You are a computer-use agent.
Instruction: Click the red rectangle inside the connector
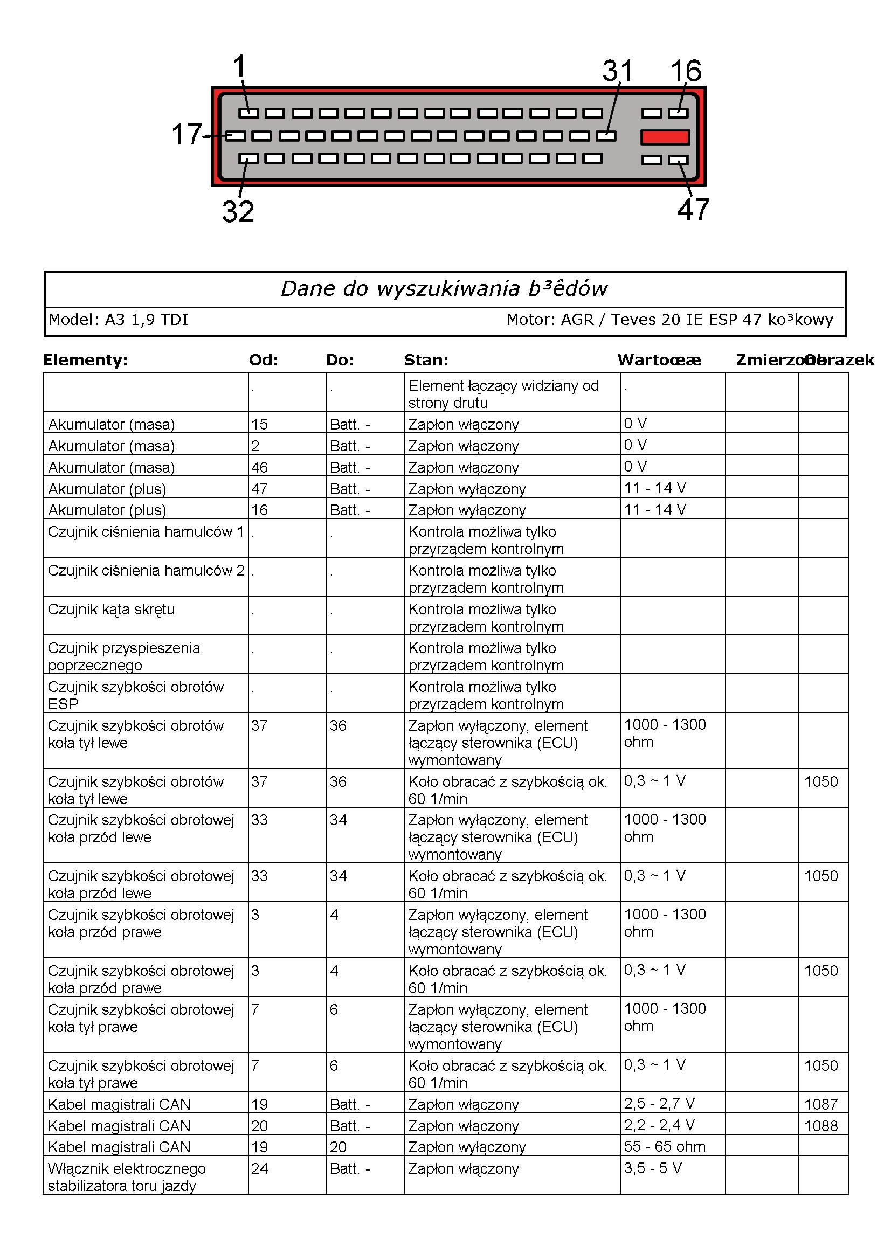665,137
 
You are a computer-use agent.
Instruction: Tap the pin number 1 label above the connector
239,67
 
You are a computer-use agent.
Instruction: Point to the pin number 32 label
238,212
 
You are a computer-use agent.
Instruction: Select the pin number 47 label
693,210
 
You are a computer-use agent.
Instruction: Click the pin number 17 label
187,134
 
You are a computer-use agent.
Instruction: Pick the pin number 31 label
618,71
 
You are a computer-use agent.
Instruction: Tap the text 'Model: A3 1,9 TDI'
119,320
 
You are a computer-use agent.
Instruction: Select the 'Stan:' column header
426,360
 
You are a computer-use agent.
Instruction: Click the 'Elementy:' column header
85,360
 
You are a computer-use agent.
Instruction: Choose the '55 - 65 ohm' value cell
664,1146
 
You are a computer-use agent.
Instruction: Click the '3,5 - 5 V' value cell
652,1168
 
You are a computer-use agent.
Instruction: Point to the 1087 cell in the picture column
821,1104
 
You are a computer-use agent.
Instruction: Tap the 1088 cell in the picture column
821,1126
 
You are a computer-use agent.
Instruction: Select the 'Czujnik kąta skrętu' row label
112,609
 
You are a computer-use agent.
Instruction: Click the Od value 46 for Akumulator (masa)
260,468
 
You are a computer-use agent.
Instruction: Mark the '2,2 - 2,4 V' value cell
659,1125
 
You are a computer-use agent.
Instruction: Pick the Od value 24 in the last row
260,1168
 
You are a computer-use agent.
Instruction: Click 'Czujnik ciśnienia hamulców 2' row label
146,571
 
